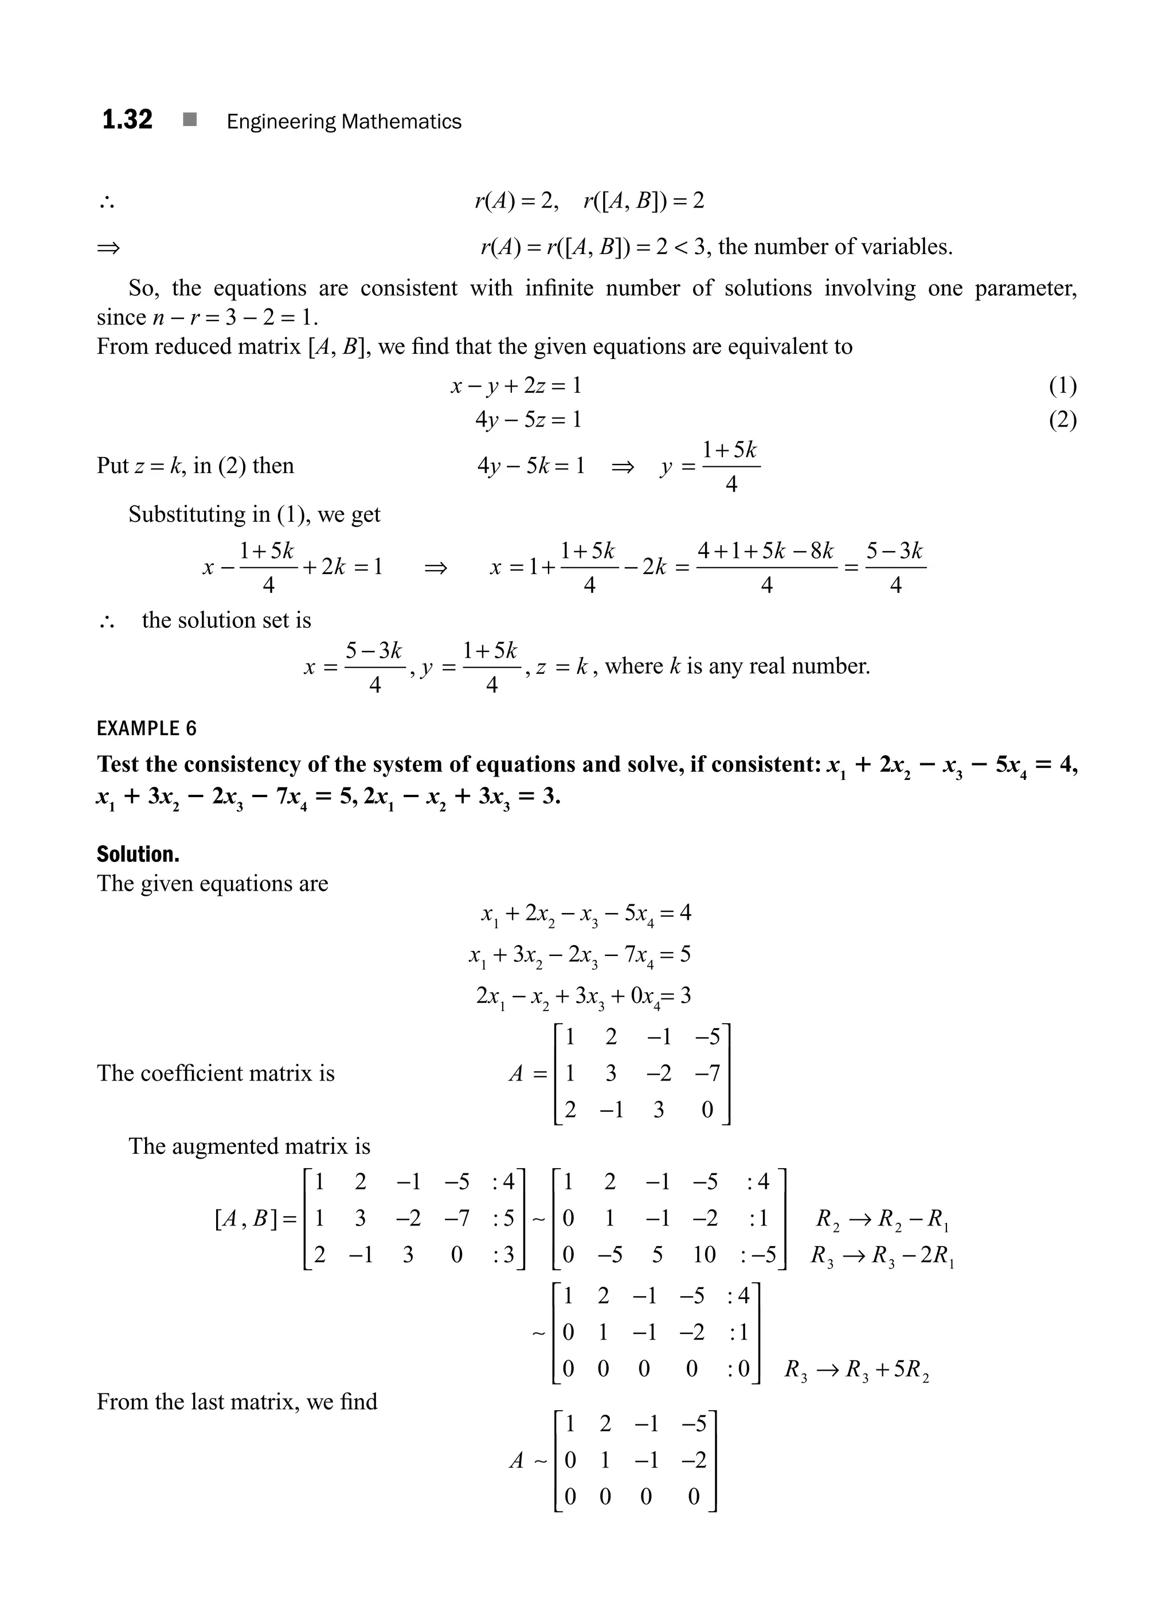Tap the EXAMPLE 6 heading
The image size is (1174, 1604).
pyautogui.click(x=146, y=728)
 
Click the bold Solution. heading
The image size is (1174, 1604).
pyautogui.click(x=138, y=854)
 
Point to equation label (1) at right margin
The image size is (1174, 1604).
pyautogui.click(x=1062, y=385)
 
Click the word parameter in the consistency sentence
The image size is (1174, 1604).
pyautogui.click(x=1025, y=288)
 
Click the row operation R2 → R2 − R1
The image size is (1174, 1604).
pyautogui.click(x=882, y=1219)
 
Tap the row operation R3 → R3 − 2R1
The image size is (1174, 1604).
pyautogui.click(x=882, y=1255)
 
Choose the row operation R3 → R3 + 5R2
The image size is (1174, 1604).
pyautogui.click(x=856, y=1369)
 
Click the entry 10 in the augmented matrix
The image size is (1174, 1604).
pyautogui.click(x=705, y=1254)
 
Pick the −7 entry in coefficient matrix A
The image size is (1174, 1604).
pyautogui.click(x=707, y=1073)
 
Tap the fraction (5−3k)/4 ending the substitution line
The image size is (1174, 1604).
pyautogui.click(x=895, y=567)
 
